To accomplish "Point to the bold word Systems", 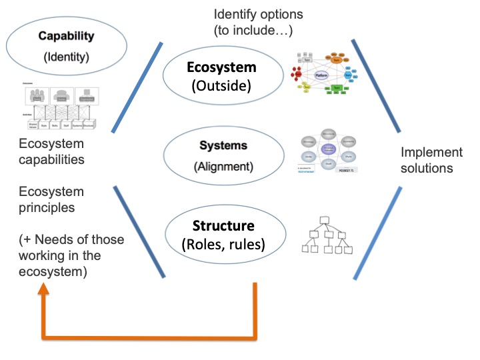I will coord(223,145).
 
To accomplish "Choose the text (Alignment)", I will coord(223,166).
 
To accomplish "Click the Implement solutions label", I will coord(427,160).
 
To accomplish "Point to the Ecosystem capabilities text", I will coord(52,153).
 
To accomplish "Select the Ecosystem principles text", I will coord(52,199).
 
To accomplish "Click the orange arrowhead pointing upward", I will coord(44,288).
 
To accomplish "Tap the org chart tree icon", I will coord(326,235).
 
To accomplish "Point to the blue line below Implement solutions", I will coord(378,233).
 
